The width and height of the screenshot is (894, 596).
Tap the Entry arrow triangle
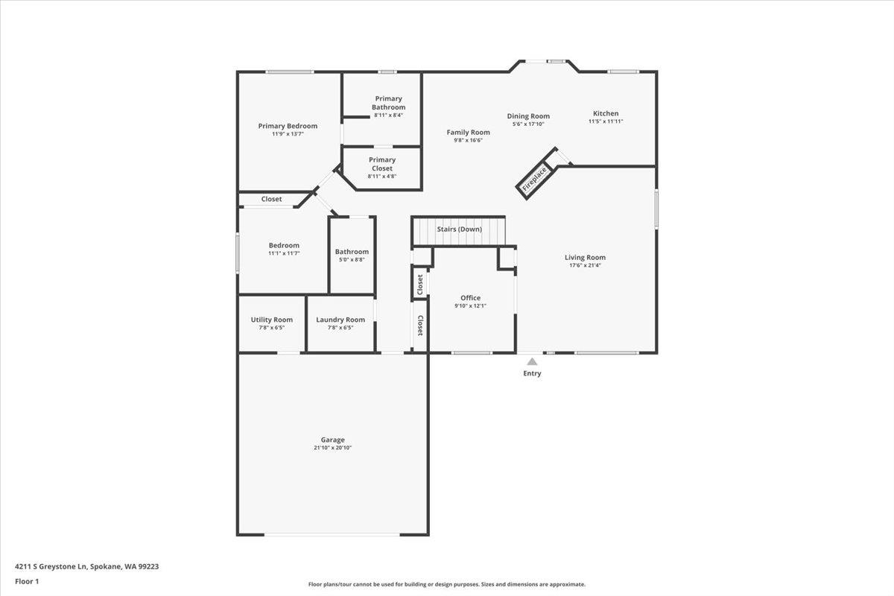point(532,361)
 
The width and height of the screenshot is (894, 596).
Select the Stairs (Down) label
point(459,229)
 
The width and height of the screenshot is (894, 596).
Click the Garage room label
point(332,440)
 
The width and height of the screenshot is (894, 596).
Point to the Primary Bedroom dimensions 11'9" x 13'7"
point(288,133)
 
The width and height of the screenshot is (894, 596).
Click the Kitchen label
point(605,113)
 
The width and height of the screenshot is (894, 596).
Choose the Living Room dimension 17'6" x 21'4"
point(585,264)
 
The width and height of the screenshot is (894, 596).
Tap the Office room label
point(470,298)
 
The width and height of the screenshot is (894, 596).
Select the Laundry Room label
point(340,320)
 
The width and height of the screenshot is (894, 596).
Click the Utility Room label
point(272,320)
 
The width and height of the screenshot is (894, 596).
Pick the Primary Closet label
point(382,164)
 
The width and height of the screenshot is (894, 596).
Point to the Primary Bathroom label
point(389,103)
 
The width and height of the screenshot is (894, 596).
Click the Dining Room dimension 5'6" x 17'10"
point(528,124)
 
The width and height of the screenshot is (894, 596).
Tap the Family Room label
point(469,132)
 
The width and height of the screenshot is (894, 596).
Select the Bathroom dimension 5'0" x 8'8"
point(352,259)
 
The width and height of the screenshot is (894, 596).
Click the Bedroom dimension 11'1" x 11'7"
point(284,253)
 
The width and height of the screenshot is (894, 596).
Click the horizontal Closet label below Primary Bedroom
point(271,199)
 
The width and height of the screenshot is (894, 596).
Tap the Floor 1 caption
point(27,581)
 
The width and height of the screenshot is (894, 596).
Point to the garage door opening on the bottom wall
point(332,534)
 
